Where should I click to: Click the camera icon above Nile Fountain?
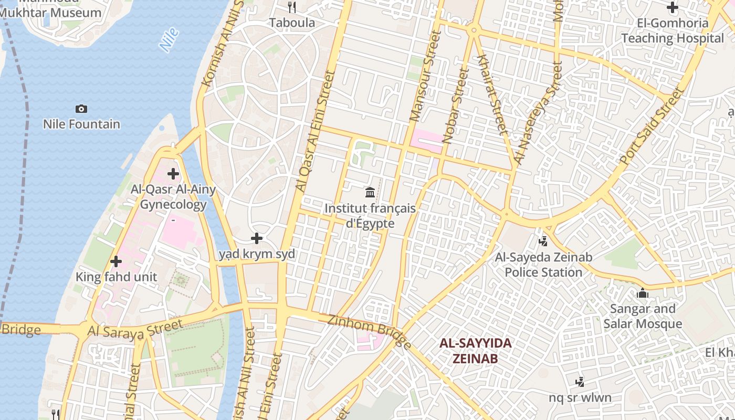pyautogui.click(x=81, y=109)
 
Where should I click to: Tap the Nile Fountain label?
pyautogui.click(x=81, y=124)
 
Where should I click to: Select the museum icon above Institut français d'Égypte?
pyautogui.click(x=370, y=192)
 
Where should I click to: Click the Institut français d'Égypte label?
pyautogui.click(x=370, y=216)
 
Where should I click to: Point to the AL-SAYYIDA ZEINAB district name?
pyautogui.click(x=475, y=351)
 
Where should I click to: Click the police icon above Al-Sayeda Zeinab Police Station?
pyautogui.click(x=543, y=241)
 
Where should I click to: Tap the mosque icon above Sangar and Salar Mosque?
pyautogui.click(x=643, y=293)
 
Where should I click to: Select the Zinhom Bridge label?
pyautogui.click(x=370, y=331)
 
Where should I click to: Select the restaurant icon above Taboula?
pyautogui.click(x=292, y=7)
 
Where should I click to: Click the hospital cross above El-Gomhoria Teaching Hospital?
pyautogui.click(x=672, y=7)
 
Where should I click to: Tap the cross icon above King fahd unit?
pyautogui.click(x=116, y=261)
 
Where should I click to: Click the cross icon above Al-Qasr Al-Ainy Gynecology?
pyautogui.click(x=173, y=174)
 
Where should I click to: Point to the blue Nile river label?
pyautogui.click(x=169, y=40)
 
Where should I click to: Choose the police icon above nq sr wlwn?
pyautogui.click(x=580, y=382)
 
